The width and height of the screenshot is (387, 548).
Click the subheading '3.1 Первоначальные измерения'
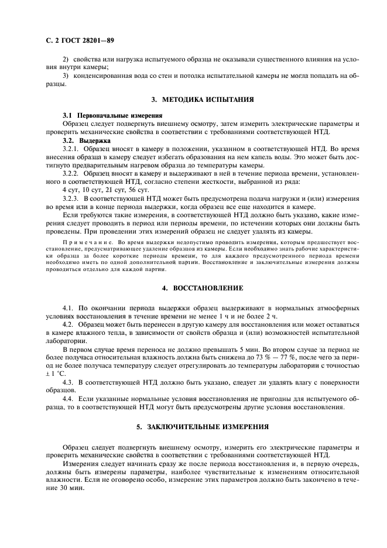[x=104, y=116]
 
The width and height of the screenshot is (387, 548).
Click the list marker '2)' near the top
[x=66, y=59]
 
